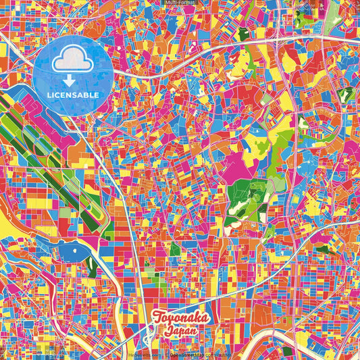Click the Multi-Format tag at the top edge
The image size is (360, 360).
(180, 3)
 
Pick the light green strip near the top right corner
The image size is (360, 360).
(331, 20)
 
